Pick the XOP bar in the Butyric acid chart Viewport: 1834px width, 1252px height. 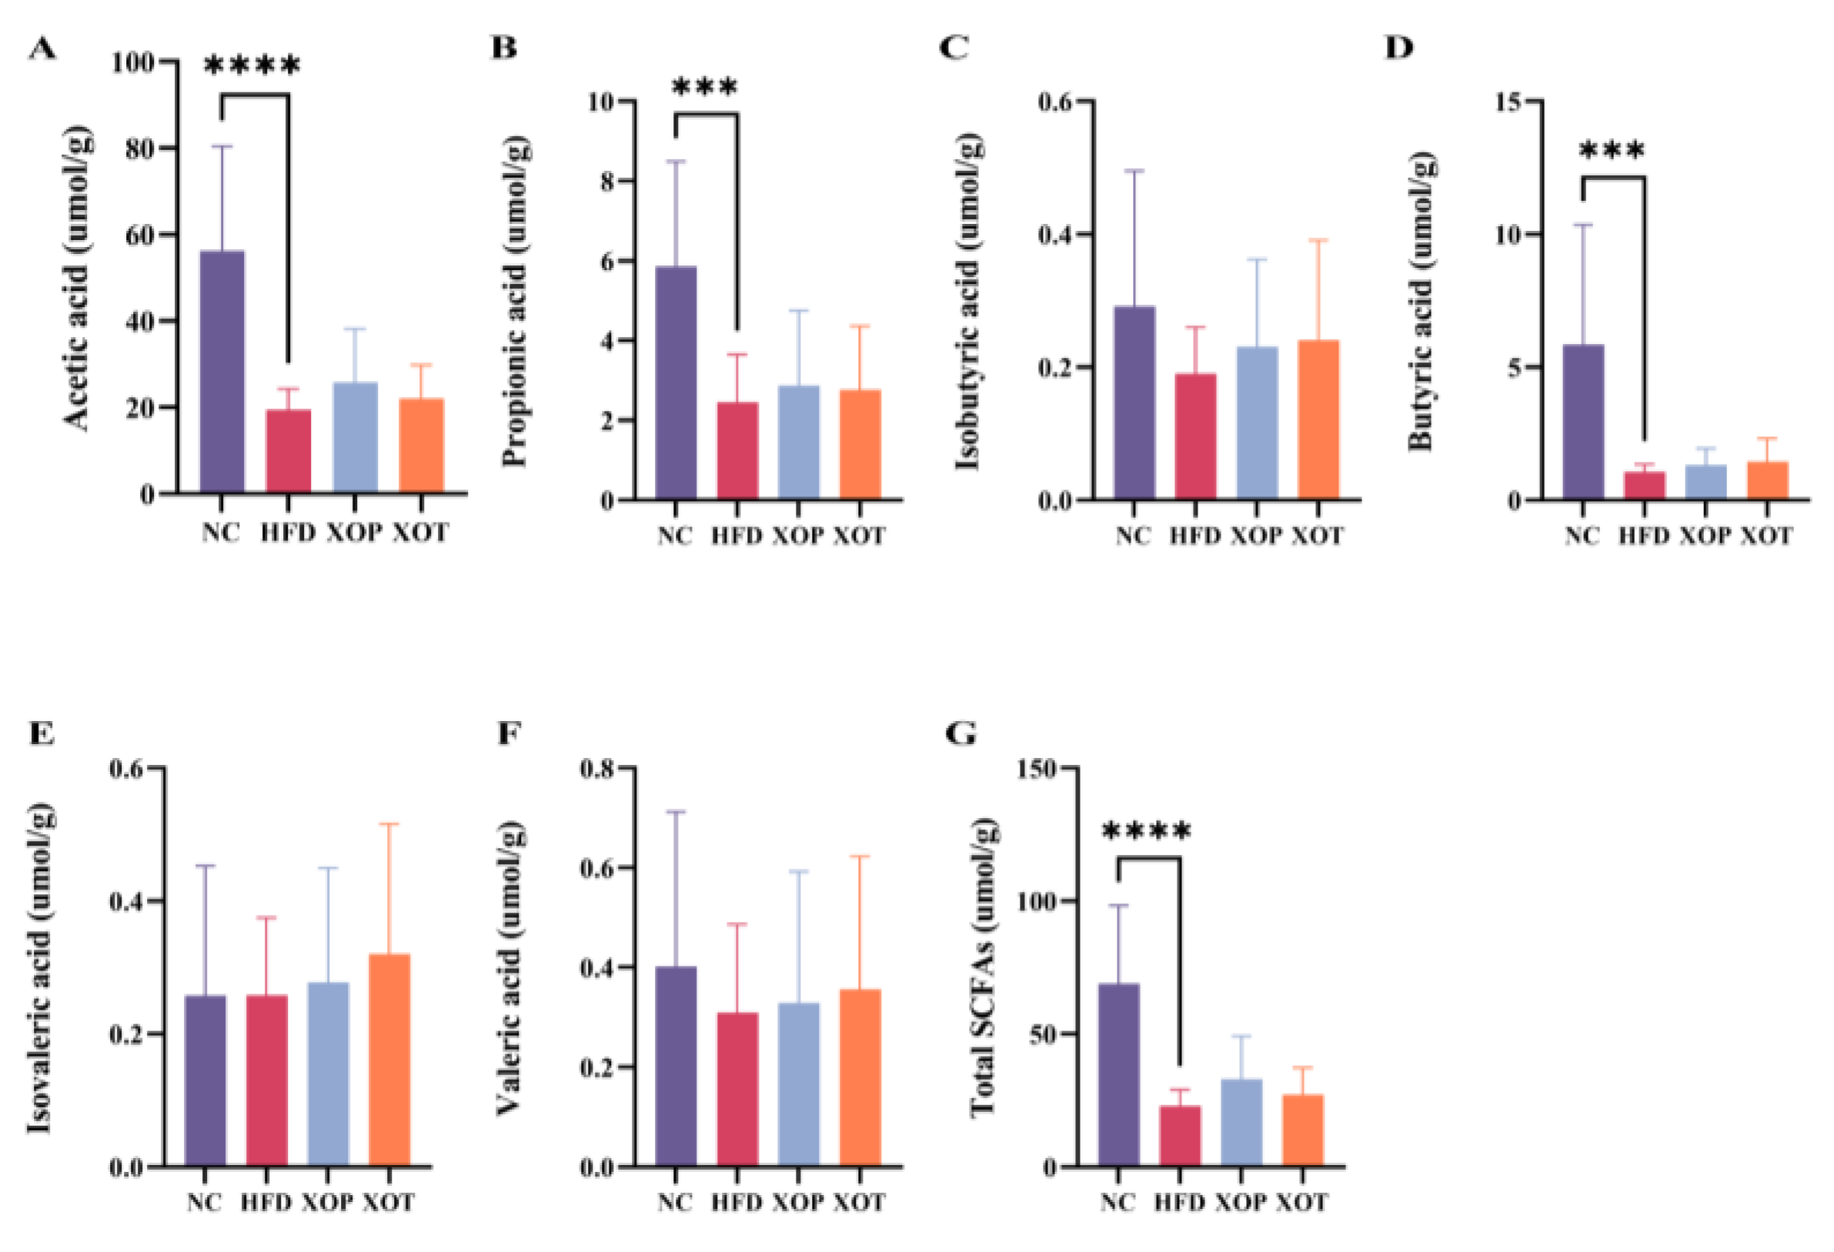(1705, 482)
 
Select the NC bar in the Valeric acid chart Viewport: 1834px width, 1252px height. (676, 1066)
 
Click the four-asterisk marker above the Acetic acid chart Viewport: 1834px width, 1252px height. (252, 66)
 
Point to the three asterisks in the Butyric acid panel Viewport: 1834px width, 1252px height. (1612, 151)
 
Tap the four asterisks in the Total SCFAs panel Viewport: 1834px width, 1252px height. (1146, 832)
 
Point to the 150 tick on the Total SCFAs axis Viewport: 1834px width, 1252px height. (1040, 768)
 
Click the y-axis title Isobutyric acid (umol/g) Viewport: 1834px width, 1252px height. (968, 304)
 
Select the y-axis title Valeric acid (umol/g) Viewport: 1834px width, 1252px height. (509, 970)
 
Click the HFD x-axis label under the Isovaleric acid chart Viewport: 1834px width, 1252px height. (266, 1202)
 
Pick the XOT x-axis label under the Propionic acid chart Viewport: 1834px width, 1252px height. (860, 536)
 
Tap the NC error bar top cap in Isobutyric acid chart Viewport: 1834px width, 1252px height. (1134, 170)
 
